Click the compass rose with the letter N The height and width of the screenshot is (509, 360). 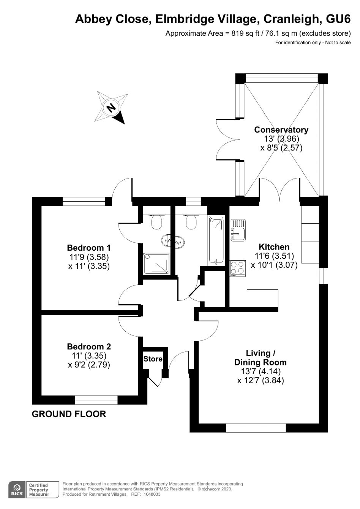point(111,107)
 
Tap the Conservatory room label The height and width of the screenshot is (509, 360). point(281,130)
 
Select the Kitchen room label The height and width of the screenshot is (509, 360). point(274,247)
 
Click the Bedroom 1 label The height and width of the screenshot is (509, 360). point(89,247)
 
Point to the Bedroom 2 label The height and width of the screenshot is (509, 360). point(89,346)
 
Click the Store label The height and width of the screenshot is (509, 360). point(153,359)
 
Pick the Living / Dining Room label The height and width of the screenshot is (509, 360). point(261,357)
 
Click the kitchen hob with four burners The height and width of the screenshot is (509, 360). point(238,268)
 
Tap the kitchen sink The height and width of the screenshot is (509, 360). point(238,230)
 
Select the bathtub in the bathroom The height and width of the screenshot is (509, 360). point(216,240)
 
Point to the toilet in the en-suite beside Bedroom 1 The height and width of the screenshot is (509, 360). point(156,221)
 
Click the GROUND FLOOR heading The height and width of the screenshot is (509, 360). point(69,414)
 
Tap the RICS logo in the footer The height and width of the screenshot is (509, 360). point(17,490)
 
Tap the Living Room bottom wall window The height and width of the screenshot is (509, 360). point(256,428)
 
